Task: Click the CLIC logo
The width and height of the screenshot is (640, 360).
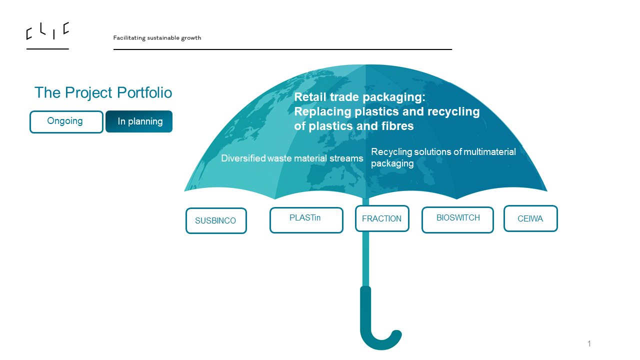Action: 47,31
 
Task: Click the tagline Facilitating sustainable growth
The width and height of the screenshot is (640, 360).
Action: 157,38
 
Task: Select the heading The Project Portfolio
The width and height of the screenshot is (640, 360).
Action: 103,92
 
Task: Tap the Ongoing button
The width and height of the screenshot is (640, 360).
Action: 66,121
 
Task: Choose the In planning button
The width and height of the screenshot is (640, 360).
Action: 139,121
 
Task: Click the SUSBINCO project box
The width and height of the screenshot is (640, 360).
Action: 216,220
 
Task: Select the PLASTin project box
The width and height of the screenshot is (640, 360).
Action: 306,220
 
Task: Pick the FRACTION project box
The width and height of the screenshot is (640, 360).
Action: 382,218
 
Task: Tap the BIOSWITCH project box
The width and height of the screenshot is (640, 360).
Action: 457,219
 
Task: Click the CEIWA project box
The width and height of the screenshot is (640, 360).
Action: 530,218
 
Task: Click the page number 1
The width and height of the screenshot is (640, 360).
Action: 589,343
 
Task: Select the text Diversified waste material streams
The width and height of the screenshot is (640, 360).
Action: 292,158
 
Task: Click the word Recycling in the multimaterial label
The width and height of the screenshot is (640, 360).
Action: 391,151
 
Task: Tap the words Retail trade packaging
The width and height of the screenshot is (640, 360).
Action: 359,97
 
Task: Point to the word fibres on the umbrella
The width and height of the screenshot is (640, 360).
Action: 395,126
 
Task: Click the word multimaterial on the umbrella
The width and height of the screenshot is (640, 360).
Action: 489,151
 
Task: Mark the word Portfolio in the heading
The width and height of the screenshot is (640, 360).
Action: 144,92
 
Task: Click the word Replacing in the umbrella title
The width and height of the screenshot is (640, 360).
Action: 322,111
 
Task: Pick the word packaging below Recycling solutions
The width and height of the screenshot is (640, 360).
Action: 392,163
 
